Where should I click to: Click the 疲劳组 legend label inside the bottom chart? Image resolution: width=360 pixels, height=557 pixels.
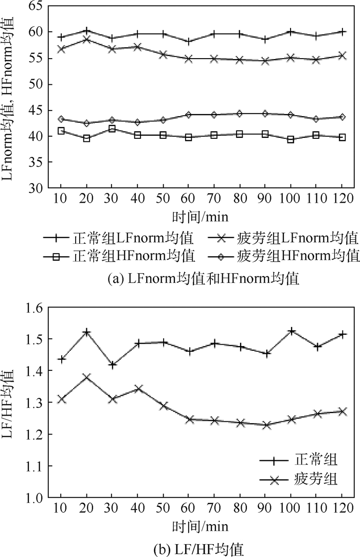pos(317,480)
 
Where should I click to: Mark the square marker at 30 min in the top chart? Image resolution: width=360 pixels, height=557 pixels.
pos(112,129)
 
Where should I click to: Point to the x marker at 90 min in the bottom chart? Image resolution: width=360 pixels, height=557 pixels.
pos(265,425)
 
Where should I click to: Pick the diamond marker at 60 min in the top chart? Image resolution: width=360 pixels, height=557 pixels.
pos(188,115)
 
